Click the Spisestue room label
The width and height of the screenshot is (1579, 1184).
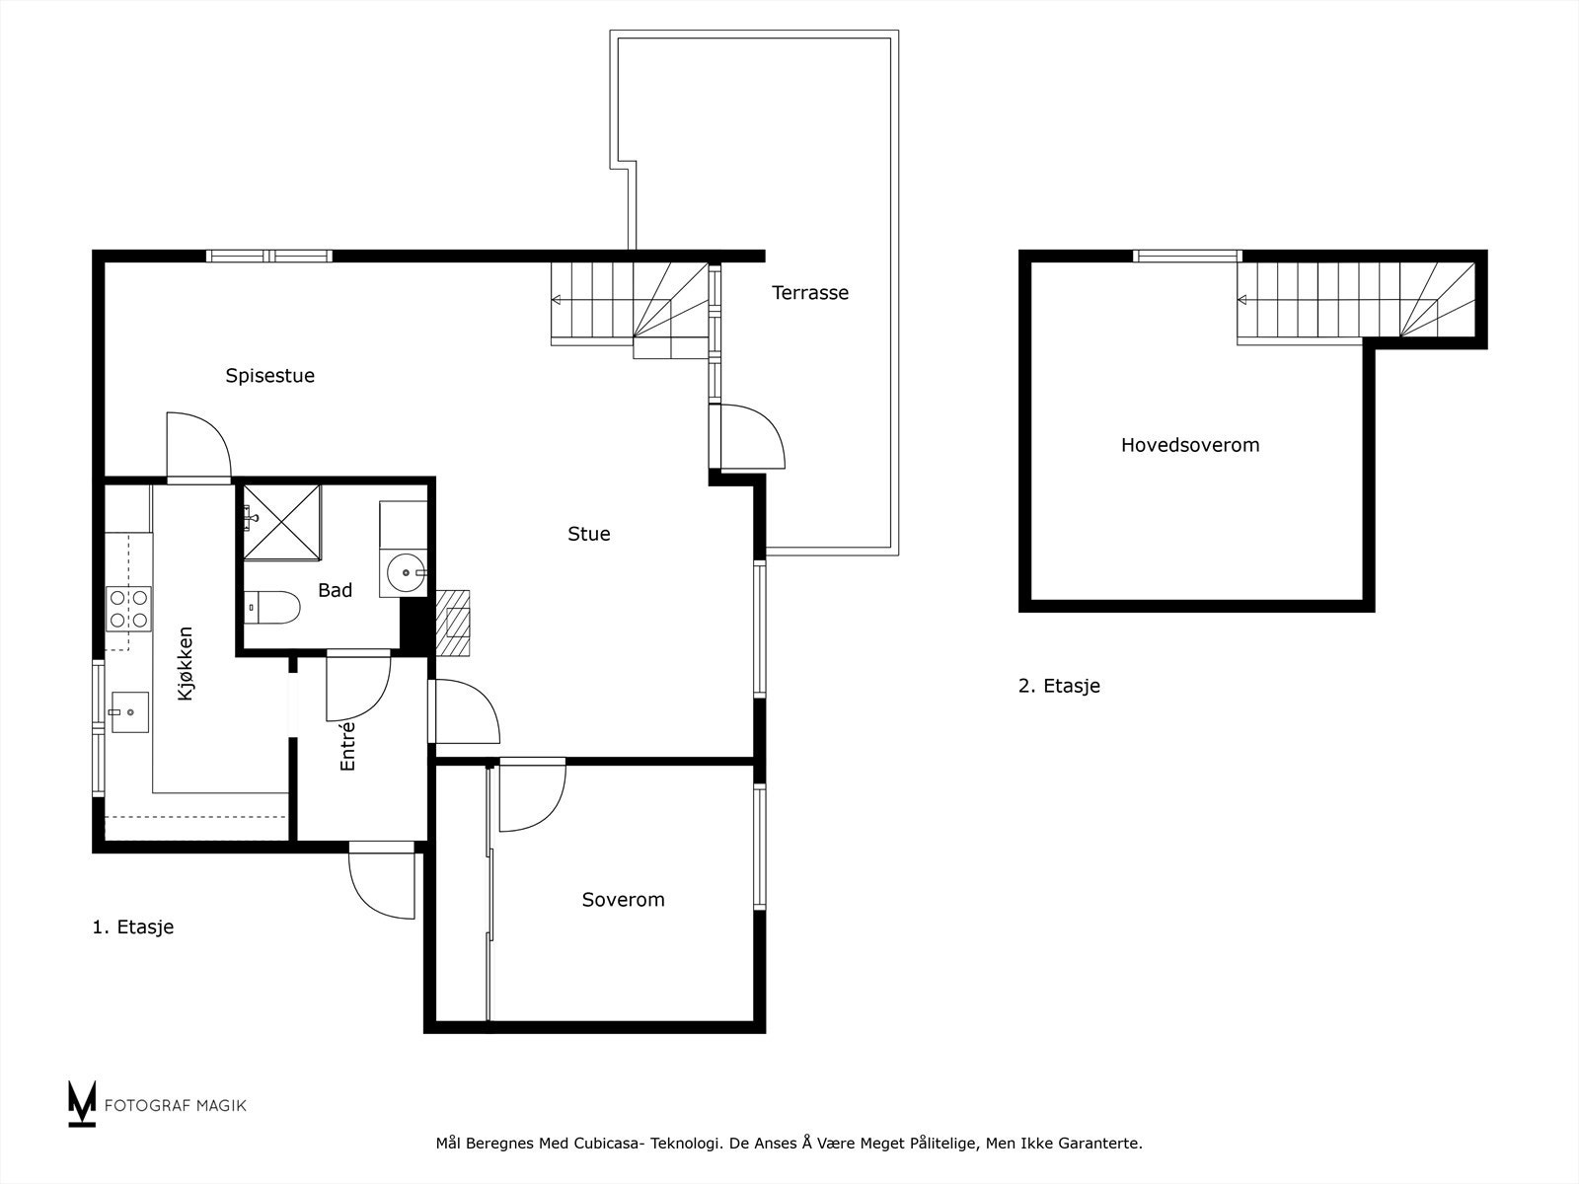pyautogui.click(x=269, y=376)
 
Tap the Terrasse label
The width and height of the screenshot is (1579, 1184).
pyautogui.click(x=809, y=293)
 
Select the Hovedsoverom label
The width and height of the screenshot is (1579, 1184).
pyautogui.click(x=1189, y=445)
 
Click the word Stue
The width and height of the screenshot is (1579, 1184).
pyautogui.click(x=588, y=534)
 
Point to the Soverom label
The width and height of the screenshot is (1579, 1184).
pyautogui.click(x=623, y=900)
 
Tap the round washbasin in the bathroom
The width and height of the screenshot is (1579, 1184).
pyautogui.click(x=406, y=570)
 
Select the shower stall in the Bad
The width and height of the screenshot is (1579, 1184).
pyautogui.click(x=282, y=521)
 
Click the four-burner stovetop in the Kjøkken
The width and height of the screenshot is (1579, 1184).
pyautogui.click(x=129, y=608)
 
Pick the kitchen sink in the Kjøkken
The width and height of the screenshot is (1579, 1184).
pyautogui.click(x=129, y=712)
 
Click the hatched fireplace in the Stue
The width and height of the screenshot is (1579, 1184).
pyautogui.click(x=453, y=624)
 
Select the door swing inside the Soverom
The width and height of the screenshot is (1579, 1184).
pyautogui.click(x=531, y=795)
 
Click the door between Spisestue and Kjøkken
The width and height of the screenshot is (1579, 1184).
pyautogui.click(x=197, y=447)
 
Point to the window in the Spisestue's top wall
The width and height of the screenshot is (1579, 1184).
pyautogui.click(x=269, y=257)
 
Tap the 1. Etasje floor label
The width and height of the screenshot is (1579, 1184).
pyautogui.click(x=132, y=927)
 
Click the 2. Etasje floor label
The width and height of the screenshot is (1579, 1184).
pyautogui.click(x=1059, y=686)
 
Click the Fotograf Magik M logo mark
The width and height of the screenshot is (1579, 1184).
pyautogui.click(x=82, y=1103)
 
